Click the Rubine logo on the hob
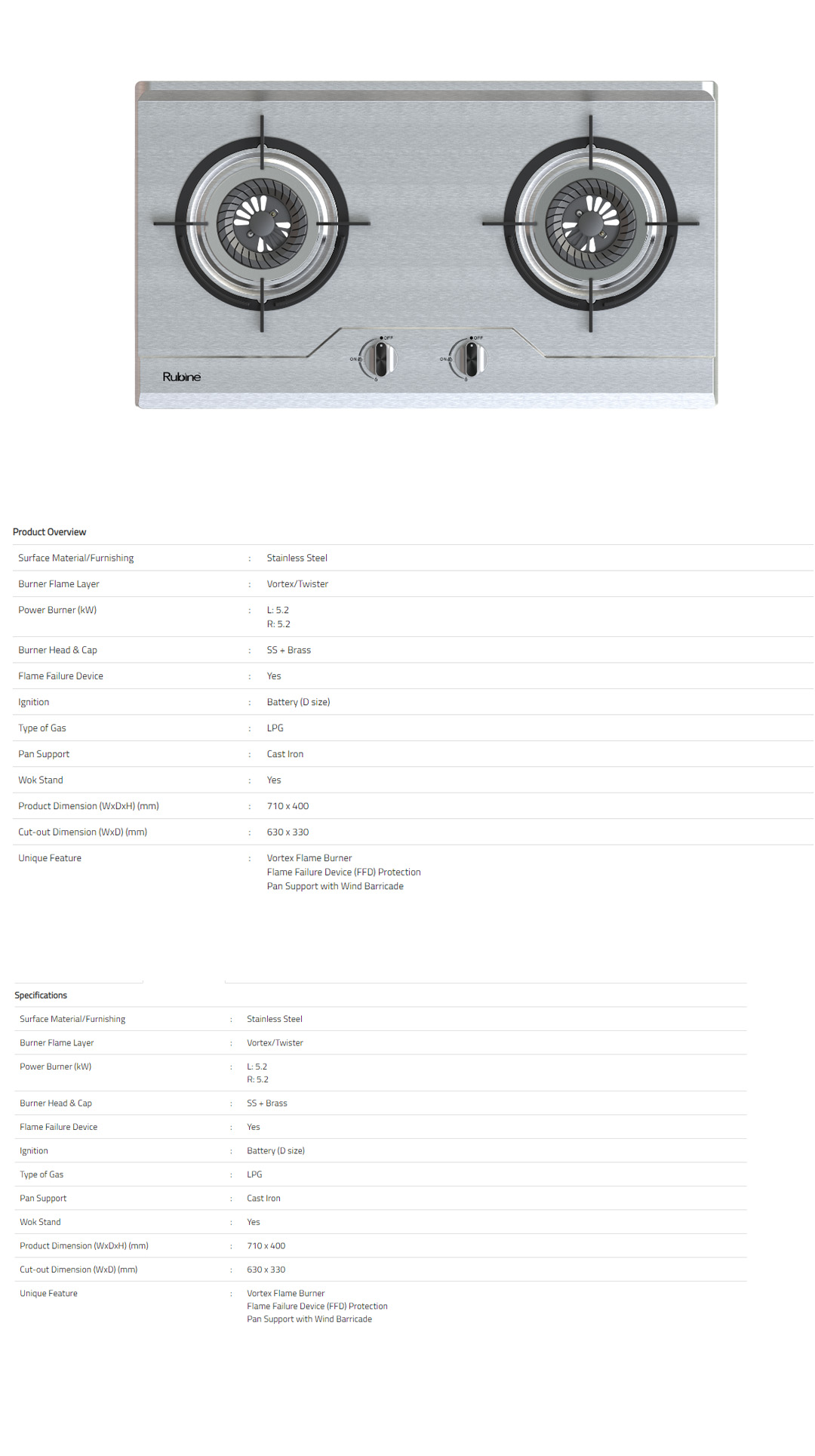(x=182, y=377)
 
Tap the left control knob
(x=380, y=359)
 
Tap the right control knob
(x=471, y=359)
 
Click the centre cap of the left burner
(x=261, y=223)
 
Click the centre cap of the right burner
(x=590, y=223)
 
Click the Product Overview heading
(x=50, y=532)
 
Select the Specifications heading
(x=41, y=996)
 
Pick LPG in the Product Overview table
(x=275, y=728)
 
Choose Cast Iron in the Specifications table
(x=263, y=1199)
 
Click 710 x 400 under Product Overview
(x=288, y=806)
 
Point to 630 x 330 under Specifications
(x=266, y=1270)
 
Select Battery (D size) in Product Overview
(x=298, y=702)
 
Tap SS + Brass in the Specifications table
(x=267, y=1104)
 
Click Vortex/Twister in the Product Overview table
(x=297, y=584)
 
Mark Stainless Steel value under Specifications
(x=275, y=1019)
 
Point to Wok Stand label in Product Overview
(x=41, y=780)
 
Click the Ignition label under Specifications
(x=34, y=1151)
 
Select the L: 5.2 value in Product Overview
(x=278, y=610)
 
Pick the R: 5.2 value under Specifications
(x=257, y=1080)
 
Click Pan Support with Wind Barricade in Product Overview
(x=335, y=886)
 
